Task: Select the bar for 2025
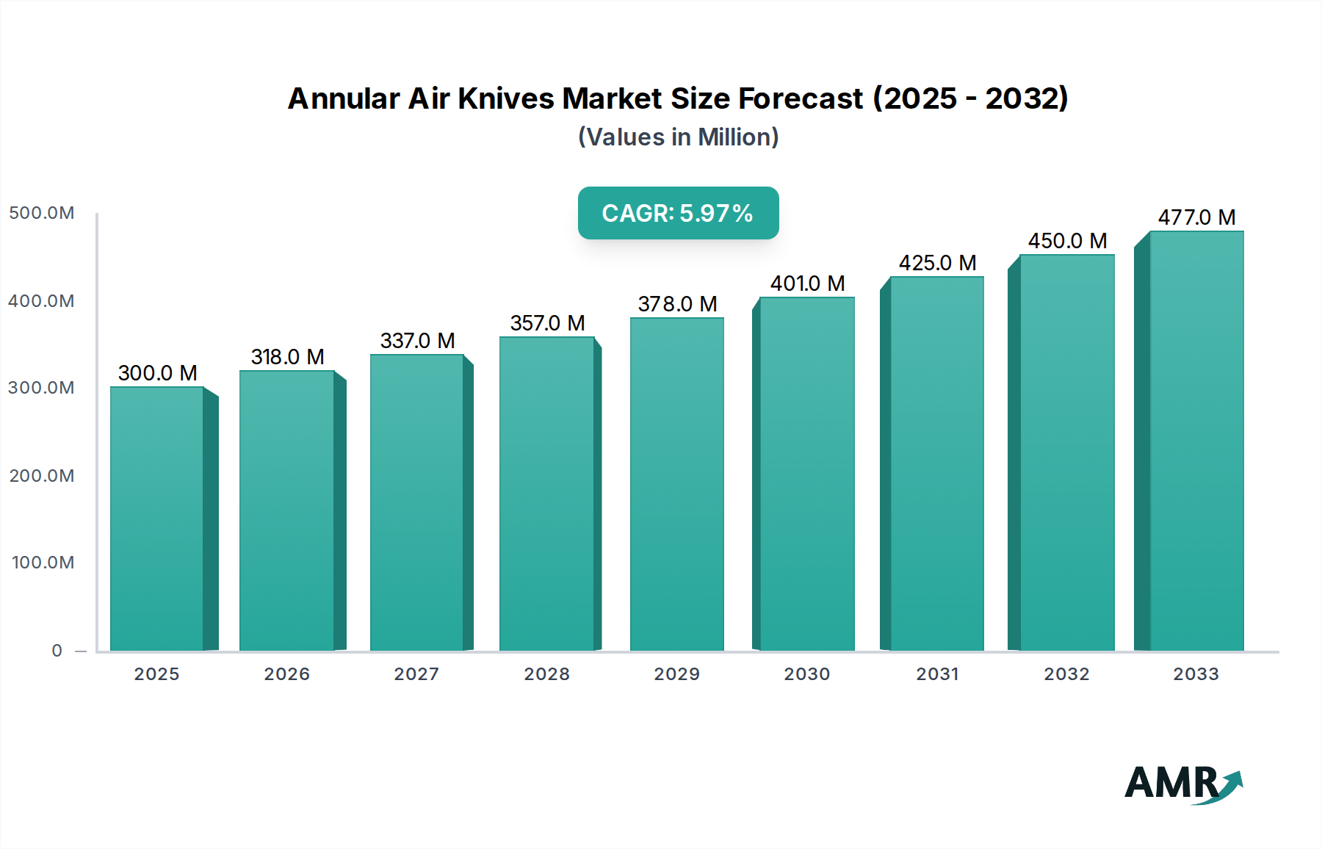point(157,518)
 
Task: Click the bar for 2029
point(676,485)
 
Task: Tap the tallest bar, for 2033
point(1196,441)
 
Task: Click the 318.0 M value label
point(287,357)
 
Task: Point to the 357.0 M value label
point(547,323)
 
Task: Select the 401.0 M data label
point(807,283)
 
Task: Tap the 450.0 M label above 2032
point(1067,241)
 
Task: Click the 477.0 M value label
point(1196,217)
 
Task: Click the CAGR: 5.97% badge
point(678,213)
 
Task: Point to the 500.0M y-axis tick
point(42,213)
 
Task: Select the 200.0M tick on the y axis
point(42,476)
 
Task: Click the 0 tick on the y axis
point(57,651)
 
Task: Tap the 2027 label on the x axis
point(416,674)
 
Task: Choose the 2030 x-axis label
point(806,674)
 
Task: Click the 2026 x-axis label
point(286,674)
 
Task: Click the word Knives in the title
point(506,98)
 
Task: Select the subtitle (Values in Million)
point(678,137)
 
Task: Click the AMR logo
point(1182,784)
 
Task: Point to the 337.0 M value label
point(417,341)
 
